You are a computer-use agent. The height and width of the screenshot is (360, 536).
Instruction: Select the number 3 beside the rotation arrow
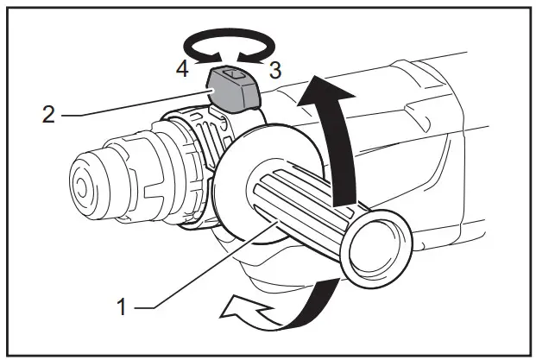point(274,71)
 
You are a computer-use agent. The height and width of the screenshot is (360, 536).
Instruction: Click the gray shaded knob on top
point(236,90)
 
